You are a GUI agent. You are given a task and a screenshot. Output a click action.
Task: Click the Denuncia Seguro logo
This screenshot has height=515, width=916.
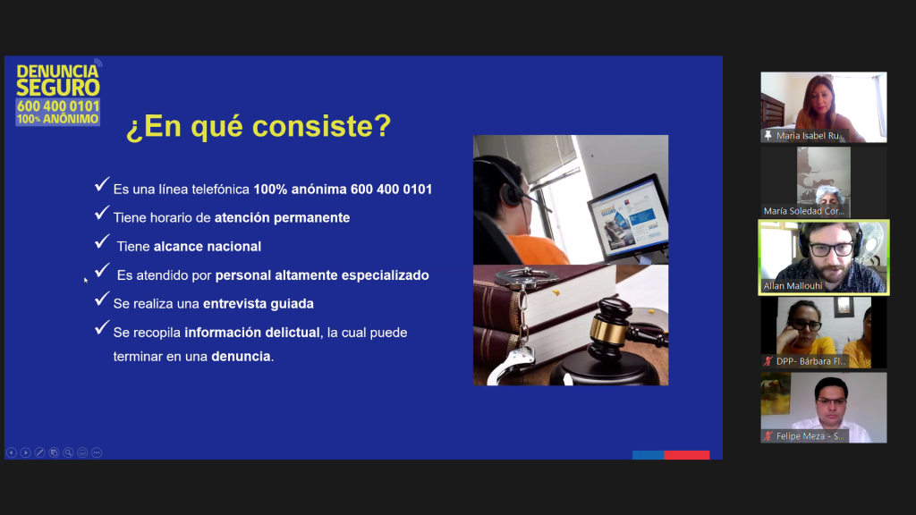[58, 93]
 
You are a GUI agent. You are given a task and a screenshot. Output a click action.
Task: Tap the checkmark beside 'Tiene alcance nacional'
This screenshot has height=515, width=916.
[102, 241]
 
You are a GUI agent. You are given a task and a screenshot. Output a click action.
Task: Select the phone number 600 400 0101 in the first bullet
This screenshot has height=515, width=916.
[392, 190]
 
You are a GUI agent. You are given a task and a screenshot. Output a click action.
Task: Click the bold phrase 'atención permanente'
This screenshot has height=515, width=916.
[282, 218]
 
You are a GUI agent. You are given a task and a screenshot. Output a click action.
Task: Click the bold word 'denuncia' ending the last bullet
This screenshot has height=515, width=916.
[242, 356]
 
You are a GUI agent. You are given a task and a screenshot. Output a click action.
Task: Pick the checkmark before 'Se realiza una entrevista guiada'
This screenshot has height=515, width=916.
[102, 299]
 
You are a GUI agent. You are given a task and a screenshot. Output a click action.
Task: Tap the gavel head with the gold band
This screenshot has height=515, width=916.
[609, 328]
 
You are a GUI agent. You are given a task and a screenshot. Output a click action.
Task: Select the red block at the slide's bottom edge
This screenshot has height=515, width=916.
[686, 455]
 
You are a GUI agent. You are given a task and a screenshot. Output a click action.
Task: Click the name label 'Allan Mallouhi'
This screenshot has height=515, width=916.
[793, 286]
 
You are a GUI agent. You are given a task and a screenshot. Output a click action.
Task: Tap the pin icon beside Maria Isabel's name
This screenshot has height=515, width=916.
[768, 136]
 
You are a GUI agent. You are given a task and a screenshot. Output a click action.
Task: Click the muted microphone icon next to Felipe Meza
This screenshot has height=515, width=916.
[768, 436]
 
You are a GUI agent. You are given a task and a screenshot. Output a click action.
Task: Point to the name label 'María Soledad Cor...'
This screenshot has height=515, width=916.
[804, 211]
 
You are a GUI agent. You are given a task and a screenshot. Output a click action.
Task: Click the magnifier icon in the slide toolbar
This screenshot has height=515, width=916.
[68, 452]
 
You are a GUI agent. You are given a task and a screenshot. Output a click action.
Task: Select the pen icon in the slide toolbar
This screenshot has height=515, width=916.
[39, 452]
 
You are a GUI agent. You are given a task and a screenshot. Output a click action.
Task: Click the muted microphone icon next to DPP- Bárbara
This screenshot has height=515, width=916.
[768, 361]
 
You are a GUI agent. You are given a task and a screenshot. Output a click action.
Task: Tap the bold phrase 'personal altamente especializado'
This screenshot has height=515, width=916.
[322, 275]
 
